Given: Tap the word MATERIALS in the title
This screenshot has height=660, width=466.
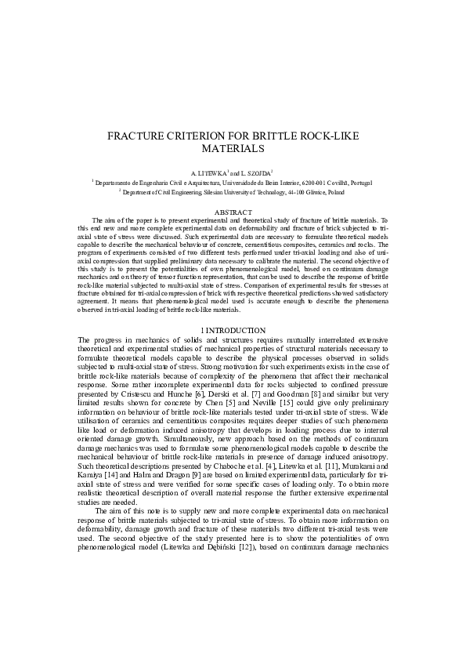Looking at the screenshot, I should tap(233, 148).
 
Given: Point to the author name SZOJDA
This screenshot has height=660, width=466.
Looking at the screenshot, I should tap(258, 170).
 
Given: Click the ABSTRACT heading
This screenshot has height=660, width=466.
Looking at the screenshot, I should tap(233, 212).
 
